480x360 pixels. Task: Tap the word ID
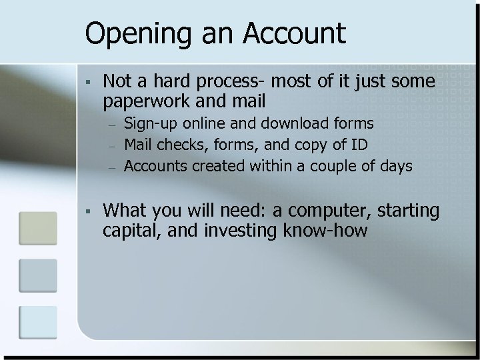pos(353,145)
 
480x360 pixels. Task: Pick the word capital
pos(126,231)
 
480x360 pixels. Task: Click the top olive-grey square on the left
pos(37,229)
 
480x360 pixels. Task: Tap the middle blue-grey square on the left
pos(37,275)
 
